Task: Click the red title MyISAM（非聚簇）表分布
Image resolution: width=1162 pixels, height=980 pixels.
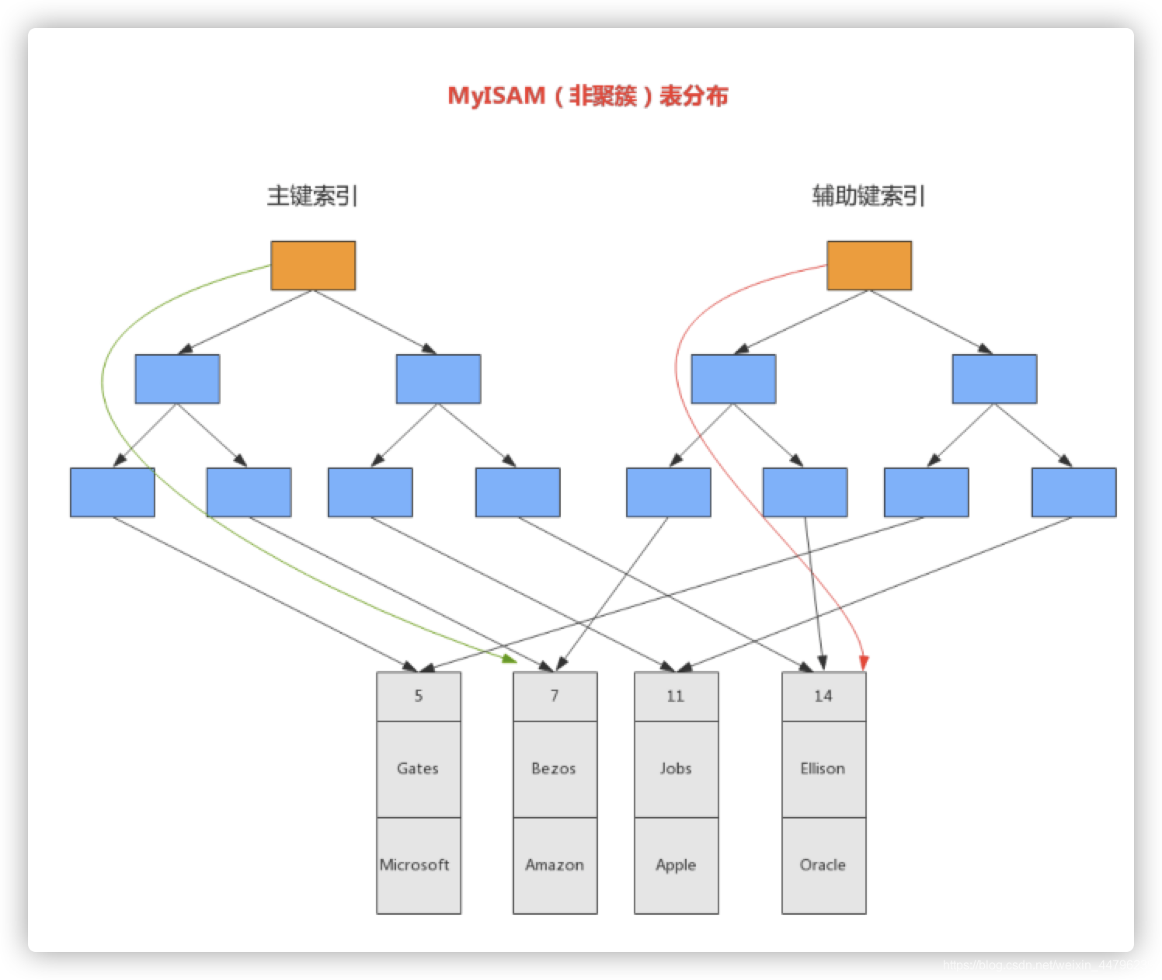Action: pyautogui.click(x=588, y=96)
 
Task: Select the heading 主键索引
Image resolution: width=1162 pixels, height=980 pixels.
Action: pyautogui.click(x=312, y=196)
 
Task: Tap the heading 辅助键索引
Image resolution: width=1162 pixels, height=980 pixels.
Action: pyautogui.click(x=868, y=196)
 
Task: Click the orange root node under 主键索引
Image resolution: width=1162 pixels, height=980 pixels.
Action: pyautogui.click(x=313, y=266)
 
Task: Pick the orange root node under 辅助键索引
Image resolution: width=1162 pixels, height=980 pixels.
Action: pyautogui.click(x=869, y=266)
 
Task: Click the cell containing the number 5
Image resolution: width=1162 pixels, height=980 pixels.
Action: pyautogui.click(x=419, y=697)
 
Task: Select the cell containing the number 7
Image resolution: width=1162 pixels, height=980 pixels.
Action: pyautogui.click(x=555, y=697)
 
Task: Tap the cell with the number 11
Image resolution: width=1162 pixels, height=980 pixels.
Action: pyautogui.click(x=676, y=697)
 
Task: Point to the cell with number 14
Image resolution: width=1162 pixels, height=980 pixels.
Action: pyautogui.click(x=823, y=697)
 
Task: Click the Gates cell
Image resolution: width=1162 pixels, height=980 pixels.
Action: pyautogui.click(x=419, y=769)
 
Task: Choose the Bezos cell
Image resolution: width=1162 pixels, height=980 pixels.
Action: pyautogui.click(x=555, y=769)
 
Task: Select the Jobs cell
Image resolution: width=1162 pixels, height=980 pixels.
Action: pyautogui.click(x=676, y=769)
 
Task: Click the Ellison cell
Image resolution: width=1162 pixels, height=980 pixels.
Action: pyautogui.click(x=823, y=769)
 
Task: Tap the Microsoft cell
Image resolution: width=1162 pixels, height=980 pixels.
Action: pyautogui.click(x=419, y=865)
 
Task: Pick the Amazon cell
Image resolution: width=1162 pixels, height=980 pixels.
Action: pyautogui.click(x=555, y=865)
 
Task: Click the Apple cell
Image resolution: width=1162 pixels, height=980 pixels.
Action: pyautogui.click(x=676, y=865)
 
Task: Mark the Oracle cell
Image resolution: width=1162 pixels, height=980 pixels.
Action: pyautogui.click(x=823, y=865)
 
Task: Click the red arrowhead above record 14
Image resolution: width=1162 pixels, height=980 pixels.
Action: pyautogui.click(x=864, y=662)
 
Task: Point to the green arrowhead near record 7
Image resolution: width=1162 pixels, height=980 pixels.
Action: pyautogui.click(x=510, y=659)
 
